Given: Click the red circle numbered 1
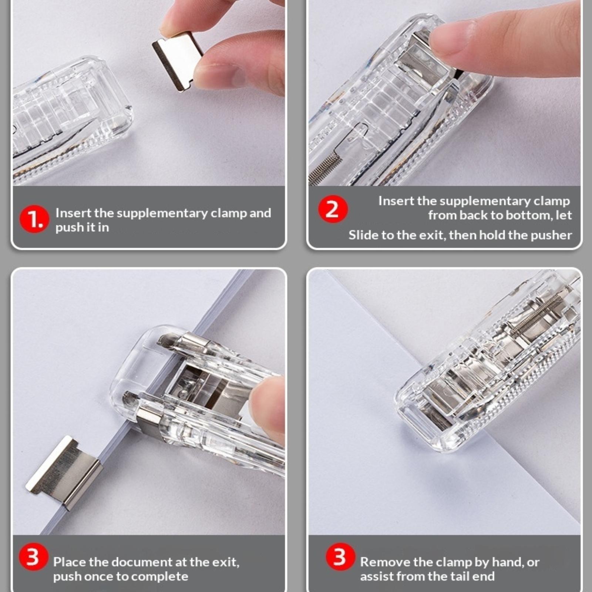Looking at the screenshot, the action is [x=34, y=219].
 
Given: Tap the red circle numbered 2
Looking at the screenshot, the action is [x=333, y=209].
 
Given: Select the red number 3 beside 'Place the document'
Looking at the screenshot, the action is [x=33, y=557].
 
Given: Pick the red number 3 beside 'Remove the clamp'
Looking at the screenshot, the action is [x=340, y=557].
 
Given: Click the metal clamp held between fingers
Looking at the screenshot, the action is [x=178, y=60].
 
